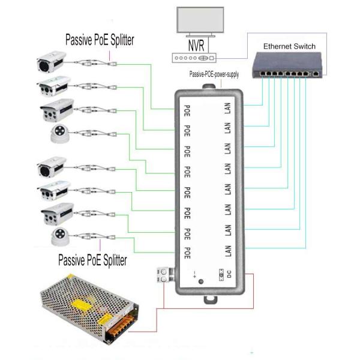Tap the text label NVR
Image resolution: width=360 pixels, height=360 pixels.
coord(194,46)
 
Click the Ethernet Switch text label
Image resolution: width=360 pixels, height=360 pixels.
coord(290,46)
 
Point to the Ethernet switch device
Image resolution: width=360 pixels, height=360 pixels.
coord(287,65)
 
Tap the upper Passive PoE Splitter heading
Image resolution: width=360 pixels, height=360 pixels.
coord(100,40)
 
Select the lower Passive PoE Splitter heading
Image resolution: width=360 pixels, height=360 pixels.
coord(92,260)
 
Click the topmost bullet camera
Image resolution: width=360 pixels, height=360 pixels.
coord(52,61)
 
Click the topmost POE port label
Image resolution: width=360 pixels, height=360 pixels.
coord(187,110)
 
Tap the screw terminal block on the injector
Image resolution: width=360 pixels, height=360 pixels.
coord(162,275)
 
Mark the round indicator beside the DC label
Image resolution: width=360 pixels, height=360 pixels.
coord(201,281)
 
